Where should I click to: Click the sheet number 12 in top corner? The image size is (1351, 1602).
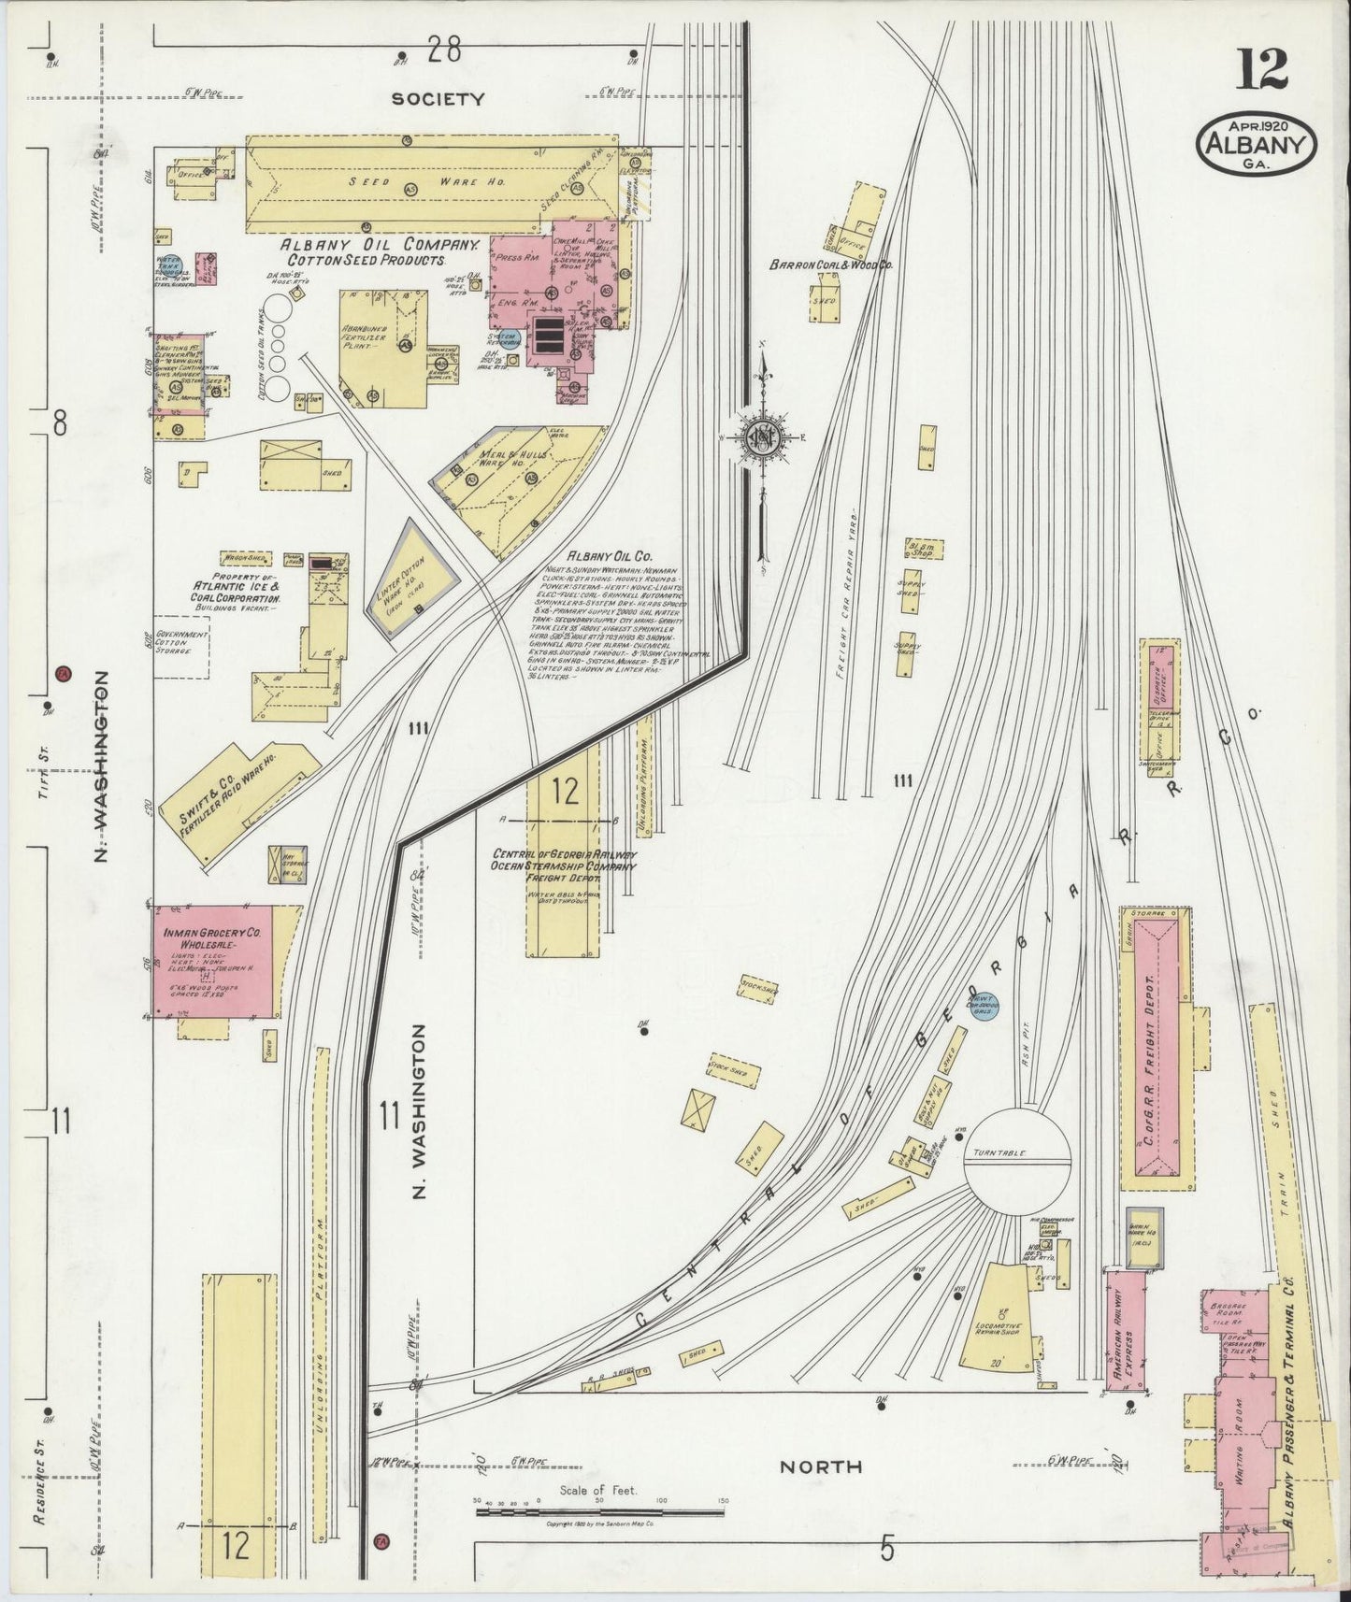(x=1261, y=70)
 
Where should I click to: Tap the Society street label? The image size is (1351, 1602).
(x=438, y=98)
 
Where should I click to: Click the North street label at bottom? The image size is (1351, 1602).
(x=821, y=1466)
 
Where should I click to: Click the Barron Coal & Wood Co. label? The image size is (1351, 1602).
(x=830, y=265)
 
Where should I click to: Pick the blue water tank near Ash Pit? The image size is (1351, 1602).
(x=981, y=1008)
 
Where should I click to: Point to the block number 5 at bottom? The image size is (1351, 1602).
(x=886, y=1549)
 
